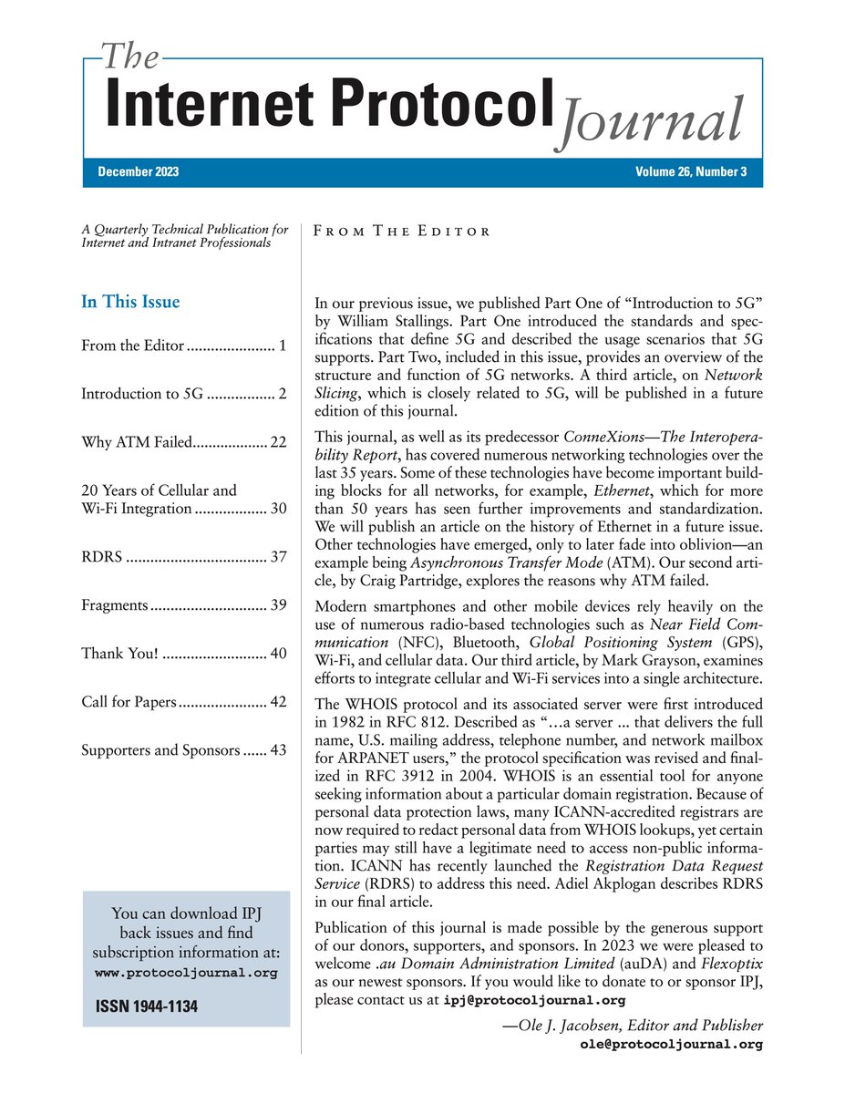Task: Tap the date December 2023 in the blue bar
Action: coord(139,173)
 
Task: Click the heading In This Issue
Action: coord(130,302)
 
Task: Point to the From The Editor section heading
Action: coord(401,232)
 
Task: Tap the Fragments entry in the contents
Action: coord(114,604)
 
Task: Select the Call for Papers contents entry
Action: coord(128,701)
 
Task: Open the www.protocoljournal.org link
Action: coord(186,973)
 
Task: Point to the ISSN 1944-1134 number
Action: coord(146,1007)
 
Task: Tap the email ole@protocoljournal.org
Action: coord(671,1045)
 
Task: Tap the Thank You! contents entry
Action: coord(120,653)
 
